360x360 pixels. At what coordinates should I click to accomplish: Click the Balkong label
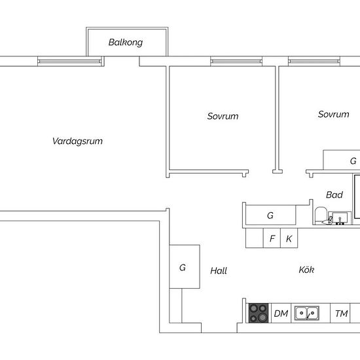126,43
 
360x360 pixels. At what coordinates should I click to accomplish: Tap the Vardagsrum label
78,141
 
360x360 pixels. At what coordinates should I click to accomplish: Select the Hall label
219,271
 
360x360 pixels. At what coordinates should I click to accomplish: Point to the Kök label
306,270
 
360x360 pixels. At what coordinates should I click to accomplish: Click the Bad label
334,194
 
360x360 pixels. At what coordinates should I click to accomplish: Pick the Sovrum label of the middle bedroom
223,116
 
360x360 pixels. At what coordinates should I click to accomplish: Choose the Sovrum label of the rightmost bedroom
333,114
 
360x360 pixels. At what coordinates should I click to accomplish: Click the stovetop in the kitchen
259,313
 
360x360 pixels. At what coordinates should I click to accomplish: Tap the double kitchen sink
307,313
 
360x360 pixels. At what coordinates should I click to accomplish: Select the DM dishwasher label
281,314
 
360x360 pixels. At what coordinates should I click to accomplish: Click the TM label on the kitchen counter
342,314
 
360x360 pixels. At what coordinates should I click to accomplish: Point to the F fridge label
272,238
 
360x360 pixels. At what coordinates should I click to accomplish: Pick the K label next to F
289,239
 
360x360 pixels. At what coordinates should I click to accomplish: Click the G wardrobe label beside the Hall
183,268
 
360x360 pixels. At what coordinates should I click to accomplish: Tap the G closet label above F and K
270,215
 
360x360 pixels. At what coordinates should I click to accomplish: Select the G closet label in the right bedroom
353,161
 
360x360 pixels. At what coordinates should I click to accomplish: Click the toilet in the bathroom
321,216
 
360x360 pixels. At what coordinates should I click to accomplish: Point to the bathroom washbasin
340,218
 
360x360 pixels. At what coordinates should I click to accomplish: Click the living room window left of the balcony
69,62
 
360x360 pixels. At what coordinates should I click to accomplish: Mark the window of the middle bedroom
236,62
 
